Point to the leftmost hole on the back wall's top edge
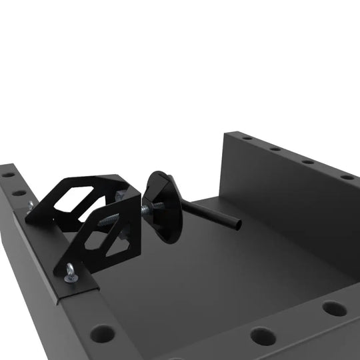pos(247,138)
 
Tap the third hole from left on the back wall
pos(308,161)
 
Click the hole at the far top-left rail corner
pos(8,175)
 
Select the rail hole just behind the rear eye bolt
pos(19,193)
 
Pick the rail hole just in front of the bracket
pos(102,331)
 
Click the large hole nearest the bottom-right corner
pos(334,309)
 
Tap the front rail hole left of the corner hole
pos(263,337)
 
